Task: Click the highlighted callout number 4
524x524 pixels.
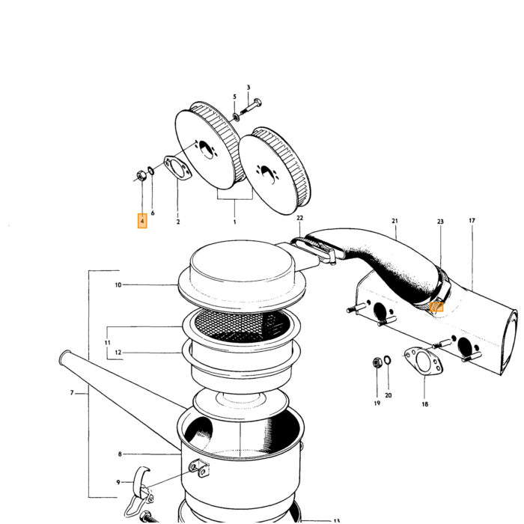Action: click(x=142, y=221)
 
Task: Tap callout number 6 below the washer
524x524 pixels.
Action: click(x=153, y=213)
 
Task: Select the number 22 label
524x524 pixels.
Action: click(x=299, y=218)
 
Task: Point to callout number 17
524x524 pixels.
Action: click(x=472, y=221)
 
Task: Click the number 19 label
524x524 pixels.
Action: click(x=377, y=403)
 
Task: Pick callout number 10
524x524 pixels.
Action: click(x=118, y=285)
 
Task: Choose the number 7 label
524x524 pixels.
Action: click(x=72, y=393)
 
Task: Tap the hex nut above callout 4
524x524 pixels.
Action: click(x=141, y=174)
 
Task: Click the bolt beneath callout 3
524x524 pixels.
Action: click(x=251, y=106)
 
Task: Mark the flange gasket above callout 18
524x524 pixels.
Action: click(x=424, y=362)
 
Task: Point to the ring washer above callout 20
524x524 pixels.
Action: click(x=388, y=360)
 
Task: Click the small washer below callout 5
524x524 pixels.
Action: click(x=236, y=118)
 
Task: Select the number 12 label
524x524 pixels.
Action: click(x=118, y=353)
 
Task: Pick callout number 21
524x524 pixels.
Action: click(x=395, y=221)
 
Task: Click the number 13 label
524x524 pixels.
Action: click(x=337, y=521)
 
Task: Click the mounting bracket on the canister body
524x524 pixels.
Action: click(x=199, y=468)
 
